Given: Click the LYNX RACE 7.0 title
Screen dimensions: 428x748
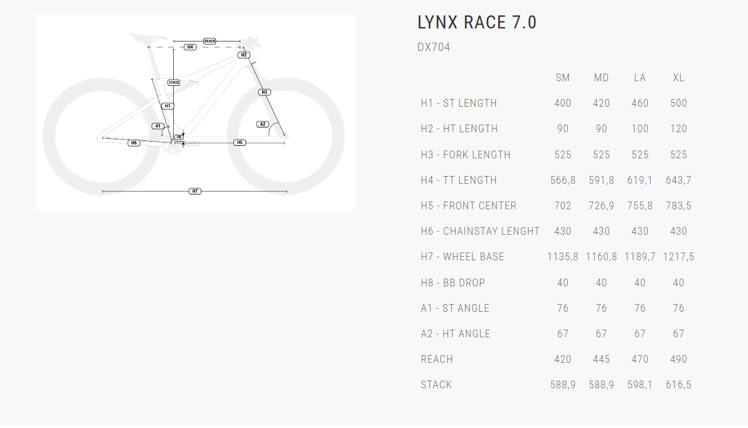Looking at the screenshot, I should [x=477, y=23].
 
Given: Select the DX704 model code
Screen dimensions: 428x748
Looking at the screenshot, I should [x=434, y=47].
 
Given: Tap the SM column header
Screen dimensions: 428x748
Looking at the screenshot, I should [x=562, y=78].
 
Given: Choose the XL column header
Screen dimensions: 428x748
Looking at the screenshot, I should [x=679, y=78].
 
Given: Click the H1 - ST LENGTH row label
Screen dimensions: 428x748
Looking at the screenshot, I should [x=459, y=103].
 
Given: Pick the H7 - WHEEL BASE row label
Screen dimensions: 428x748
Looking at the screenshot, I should [x=462, y=257].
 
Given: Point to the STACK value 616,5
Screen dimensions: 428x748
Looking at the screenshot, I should [x=679, y=385].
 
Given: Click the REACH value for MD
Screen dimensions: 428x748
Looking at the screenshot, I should [x=601, y=359].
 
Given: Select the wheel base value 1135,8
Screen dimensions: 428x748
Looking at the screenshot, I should [x=562, y=257].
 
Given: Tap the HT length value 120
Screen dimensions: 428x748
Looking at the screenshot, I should [x=679, y=129].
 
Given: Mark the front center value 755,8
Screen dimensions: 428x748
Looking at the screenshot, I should [x=639, y=206].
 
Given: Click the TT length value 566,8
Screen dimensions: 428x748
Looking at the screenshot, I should [x=562, y=180].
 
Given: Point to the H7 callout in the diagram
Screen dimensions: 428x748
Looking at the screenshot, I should [x=195, y=191].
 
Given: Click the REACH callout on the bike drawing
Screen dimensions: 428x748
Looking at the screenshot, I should [x=209, y=41].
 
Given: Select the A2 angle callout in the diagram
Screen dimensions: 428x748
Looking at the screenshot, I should [x=263, y=124].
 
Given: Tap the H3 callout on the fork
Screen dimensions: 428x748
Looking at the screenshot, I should [x=265, y=92].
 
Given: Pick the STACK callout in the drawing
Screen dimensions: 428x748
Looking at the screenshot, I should [x=173, y=82].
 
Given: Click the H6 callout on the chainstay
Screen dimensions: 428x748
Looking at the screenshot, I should [x=134, y=143].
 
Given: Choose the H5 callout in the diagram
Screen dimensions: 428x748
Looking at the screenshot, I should [x=239, y=142].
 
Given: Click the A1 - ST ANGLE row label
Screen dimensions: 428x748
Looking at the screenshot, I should [x=455, y=308].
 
